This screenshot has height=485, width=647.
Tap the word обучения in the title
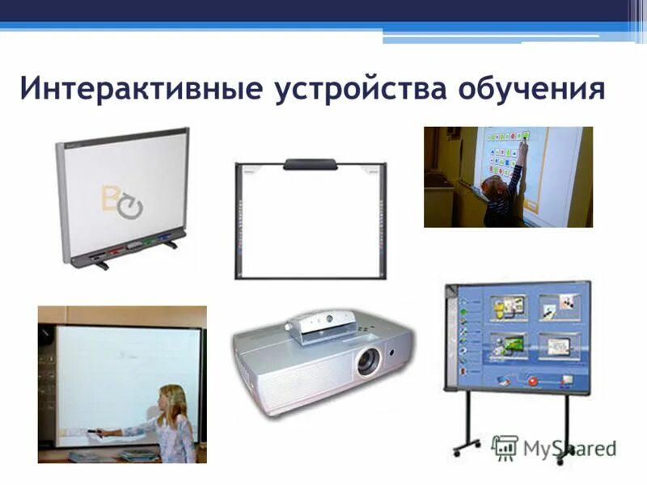(x=531, y=88)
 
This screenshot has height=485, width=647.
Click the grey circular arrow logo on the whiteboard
(x=129, y=207)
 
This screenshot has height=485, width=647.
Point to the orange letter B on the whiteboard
(x=111, y=198)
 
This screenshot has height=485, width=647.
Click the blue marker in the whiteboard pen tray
(x=165, y=239)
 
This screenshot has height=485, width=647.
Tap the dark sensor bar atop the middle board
(x=310, y=164)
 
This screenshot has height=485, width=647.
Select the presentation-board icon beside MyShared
(x=505, y=448)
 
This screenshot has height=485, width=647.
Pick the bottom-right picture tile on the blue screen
(x=557, y=345)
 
